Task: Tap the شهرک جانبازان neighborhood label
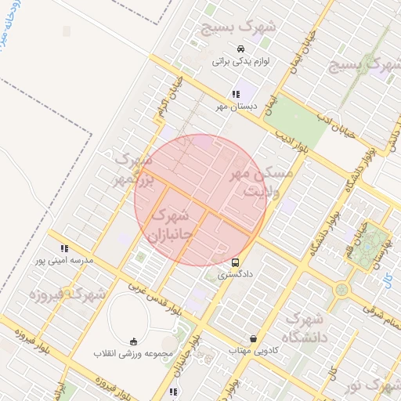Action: tap(170, 223)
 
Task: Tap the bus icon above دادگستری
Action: tap(236, 262)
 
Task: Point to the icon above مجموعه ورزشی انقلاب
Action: tap(132, 341)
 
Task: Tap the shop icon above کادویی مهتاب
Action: tap(253, 338)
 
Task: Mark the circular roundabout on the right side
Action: tap(341, 291)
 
